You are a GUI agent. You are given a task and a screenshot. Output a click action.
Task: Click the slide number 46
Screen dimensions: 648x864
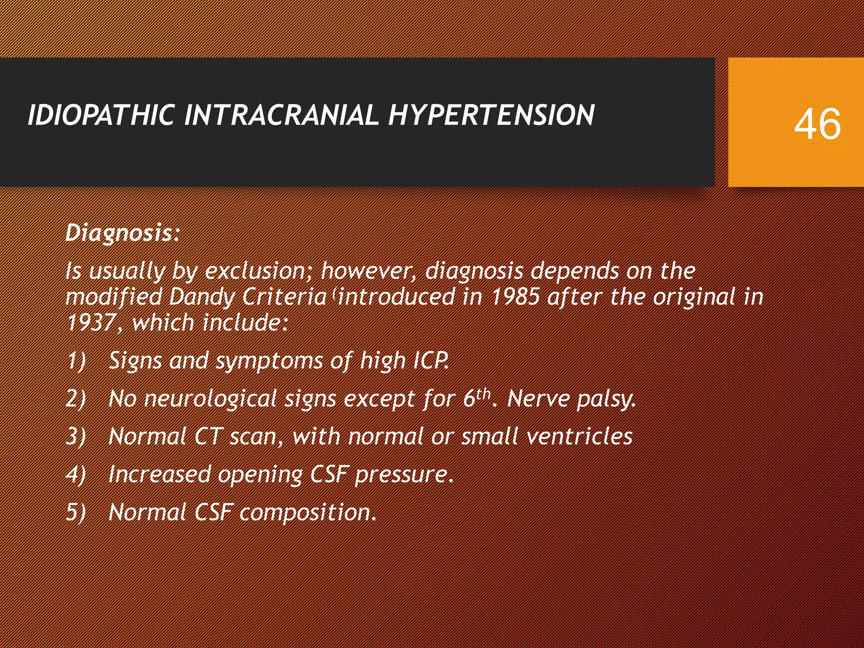coord(817,124)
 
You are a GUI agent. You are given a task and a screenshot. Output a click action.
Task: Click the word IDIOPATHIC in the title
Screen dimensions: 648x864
coord(101,115)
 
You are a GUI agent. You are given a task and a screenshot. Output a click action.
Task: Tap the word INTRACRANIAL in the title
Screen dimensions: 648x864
coord(281,115)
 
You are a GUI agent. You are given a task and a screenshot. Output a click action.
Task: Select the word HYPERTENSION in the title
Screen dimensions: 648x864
coord(491,115)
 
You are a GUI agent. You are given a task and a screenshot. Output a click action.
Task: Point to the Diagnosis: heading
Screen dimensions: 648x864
coord(123,233)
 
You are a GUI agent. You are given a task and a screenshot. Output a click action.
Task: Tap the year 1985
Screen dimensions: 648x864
coord(516,297)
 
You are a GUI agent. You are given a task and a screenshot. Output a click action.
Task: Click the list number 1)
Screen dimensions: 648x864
coord(76,361)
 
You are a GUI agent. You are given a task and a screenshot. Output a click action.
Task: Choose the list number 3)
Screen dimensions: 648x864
coord(76,437)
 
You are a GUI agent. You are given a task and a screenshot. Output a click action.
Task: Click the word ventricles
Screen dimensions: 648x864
coord(580,437)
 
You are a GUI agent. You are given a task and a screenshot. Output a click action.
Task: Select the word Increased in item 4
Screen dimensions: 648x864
coord(159,474)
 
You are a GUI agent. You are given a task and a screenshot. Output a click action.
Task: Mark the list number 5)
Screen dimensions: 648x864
coord(76,512)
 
